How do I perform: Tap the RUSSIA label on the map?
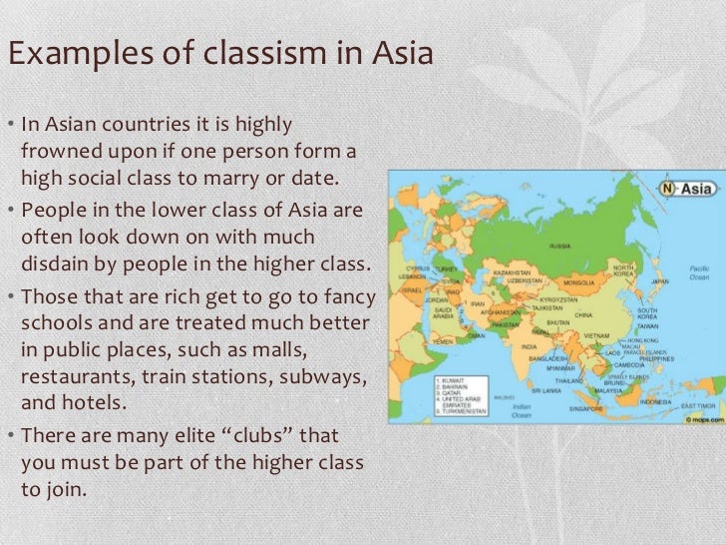coord(559,246)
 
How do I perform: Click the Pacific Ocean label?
coord(700,274)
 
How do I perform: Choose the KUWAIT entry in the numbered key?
coord(457,380)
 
